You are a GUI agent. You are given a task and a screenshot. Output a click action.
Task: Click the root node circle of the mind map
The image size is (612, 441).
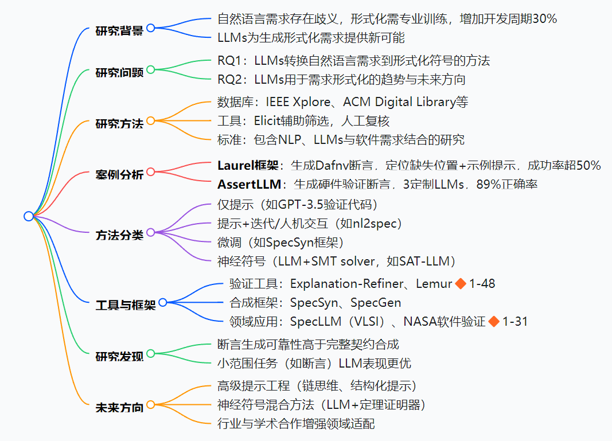pyautogui.click(x=29, y=216)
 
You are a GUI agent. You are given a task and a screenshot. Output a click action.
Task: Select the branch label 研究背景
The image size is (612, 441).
pyautogui.click(x=119, y=30)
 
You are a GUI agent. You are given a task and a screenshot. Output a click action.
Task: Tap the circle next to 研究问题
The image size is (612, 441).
pyautogui.click(x=151, y=70)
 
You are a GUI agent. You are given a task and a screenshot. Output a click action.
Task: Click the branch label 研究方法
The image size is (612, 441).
pyautogui.click(x=119, y=123)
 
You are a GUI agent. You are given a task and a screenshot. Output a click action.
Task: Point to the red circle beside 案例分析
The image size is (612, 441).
pyautogui.click(x=151, y=171)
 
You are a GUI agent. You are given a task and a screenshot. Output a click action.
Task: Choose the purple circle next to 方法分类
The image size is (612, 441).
pyautogui.click(x=151, y=232)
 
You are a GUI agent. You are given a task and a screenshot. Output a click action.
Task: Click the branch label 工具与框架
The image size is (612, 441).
pyautogui.click(x=126, y=305)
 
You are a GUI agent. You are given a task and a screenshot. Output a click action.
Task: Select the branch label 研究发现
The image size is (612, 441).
pyautogui.click(x=119, y=356)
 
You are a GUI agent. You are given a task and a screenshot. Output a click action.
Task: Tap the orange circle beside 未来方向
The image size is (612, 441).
pyautogui.click(x=151, y=404)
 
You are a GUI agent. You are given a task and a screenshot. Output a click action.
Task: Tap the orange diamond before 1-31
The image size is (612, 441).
pyautogui.click(x=493, y=322)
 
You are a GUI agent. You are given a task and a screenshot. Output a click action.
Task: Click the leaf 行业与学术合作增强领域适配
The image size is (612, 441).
pyautogui.click(x=297, y=424)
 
